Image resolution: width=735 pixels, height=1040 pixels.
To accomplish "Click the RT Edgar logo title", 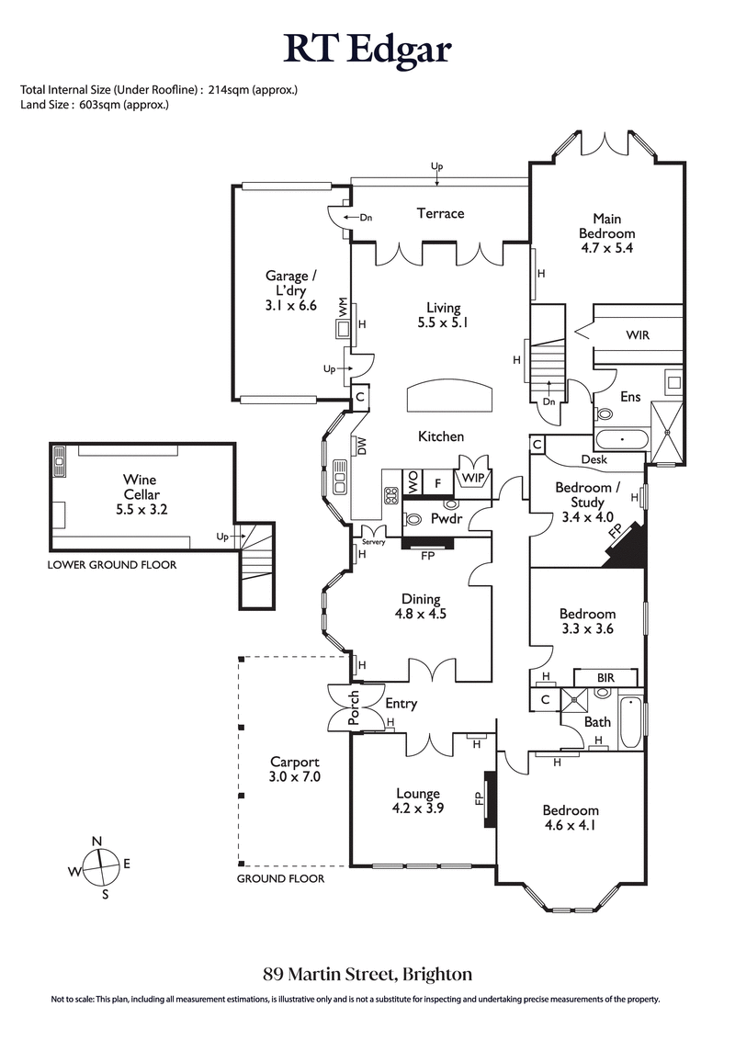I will click(367, 48).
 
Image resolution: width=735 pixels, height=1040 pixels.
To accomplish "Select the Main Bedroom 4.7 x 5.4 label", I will click(606, 233).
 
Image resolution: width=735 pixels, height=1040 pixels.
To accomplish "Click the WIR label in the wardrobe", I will click(637, 335).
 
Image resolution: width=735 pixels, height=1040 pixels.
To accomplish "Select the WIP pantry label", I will click(474, 479).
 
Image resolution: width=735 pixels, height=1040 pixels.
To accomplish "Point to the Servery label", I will click(374, 541).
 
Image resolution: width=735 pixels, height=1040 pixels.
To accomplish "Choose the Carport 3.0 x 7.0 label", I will click(294, 769).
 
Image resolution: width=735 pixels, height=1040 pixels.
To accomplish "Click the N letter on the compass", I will click(96, 842).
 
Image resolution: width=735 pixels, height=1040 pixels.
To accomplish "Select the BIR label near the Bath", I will click(605, 677).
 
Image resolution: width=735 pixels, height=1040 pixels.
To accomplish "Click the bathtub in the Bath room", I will click(630, 724).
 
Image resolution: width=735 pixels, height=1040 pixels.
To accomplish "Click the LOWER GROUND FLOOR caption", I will click(111, 565).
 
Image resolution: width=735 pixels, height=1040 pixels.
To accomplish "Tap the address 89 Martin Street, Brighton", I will click(367, 973).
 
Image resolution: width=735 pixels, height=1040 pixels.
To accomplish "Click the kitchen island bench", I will click(448, 398).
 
